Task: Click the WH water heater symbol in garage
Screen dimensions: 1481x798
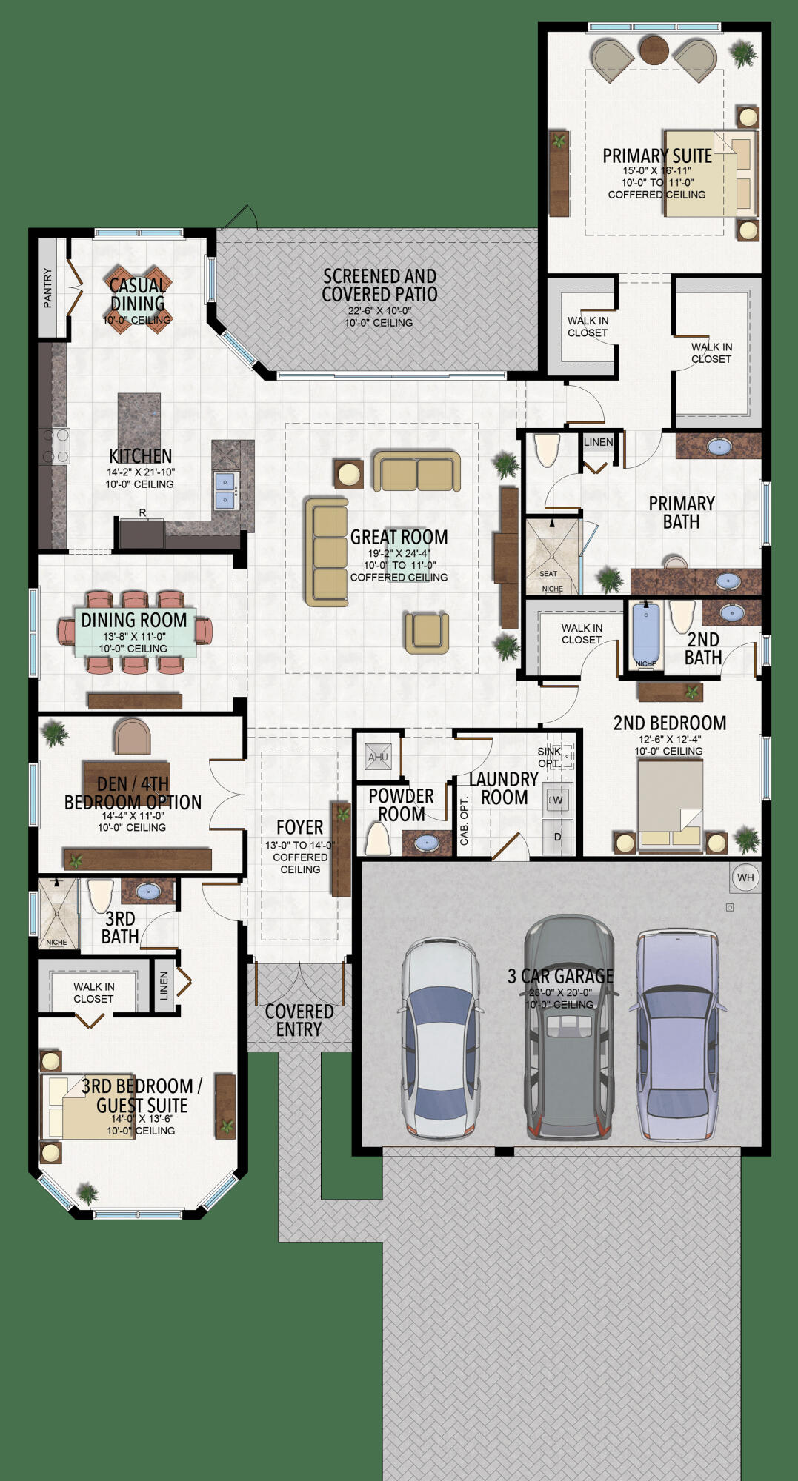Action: [745, 877]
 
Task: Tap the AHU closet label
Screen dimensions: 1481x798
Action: [378, 757]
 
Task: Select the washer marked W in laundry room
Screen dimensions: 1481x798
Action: [557, 800]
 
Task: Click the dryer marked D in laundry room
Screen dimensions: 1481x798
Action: [557, 837]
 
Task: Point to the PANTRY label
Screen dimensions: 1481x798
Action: [48, 287]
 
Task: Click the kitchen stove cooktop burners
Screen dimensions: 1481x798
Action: [55, 446]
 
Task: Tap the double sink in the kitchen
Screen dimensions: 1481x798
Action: [225, 491]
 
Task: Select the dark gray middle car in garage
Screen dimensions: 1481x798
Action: [568, 1029]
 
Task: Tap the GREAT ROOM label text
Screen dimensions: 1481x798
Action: [399, 537]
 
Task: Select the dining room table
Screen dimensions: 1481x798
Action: [135, 632]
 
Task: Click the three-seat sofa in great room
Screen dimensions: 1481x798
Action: [327, 552]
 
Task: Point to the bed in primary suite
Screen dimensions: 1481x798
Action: [709, 173]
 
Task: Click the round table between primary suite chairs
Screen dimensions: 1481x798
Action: [654, 50]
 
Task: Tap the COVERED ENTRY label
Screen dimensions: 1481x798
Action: [299, 1020]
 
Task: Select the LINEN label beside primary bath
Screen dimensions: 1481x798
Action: [598, 442]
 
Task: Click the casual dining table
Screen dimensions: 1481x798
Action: [138, 298]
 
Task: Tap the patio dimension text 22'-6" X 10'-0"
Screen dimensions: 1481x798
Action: [379, 311]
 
